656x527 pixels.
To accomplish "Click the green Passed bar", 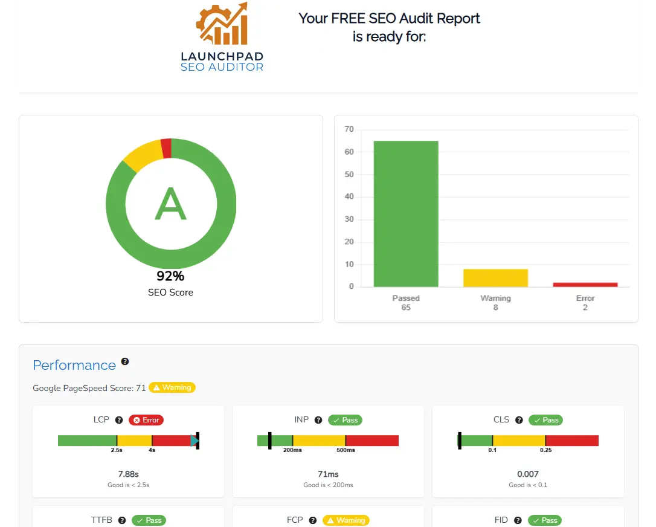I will pyautogui.click(x=406, y=213).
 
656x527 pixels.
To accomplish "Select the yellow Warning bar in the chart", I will pyautogui.click(x=495, y=278).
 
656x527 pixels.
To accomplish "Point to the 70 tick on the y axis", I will pyautogui.click(x=349, y=129).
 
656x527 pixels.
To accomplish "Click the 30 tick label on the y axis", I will pyautogui.click(x=349, y=219).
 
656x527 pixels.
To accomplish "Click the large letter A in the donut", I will pyautogui.click(x=170, y=204).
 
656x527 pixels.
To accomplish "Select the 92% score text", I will pyautogui.click(x=170, y=277).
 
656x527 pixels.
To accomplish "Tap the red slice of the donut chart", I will pyautogui.click(x=166, y=148).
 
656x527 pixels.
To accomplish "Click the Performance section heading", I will pyautogui.click(x=74, y=365).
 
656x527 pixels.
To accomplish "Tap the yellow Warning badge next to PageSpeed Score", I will pyautogui.click(x=172, y=387).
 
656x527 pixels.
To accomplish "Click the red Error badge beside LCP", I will pyautogui.click(x=146, y=420).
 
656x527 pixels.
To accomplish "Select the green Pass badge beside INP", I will pyautogui.click(x=345, y=420).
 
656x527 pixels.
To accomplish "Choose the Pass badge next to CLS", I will pyautogui.click(x=545, y=420).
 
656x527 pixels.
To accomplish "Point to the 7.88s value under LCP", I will pyautogui.click(x=128, y=474).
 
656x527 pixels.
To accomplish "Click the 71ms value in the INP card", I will pyautogui.click(x=328, y=474).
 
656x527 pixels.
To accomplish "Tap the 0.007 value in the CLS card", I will pyautogui.click(x=528, y=474).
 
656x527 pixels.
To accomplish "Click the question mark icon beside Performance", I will pyautogui.click(x=125, y=361).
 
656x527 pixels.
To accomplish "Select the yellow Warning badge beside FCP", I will pyautogui.click(x=346, y=520).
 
